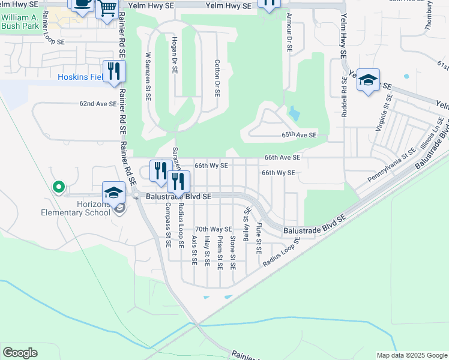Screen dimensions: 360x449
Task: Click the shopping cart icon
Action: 107,8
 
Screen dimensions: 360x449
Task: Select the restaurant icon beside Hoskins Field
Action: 112,71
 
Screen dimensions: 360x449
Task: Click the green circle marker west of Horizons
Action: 58,188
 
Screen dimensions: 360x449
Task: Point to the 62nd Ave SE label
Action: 98,104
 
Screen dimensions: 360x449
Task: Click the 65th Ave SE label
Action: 298,136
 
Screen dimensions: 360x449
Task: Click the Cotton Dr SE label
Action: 217,78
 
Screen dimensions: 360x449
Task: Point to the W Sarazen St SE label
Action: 148,74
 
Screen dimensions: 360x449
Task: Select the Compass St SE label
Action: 167,225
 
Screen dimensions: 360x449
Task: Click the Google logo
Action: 20,353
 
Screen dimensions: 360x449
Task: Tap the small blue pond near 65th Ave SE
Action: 294,113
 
